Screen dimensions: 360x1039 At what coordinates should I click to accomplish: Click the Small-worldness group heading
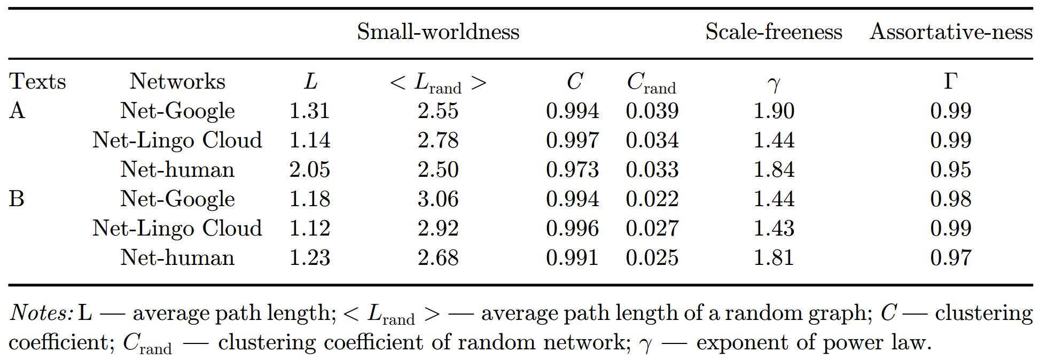[438, 32]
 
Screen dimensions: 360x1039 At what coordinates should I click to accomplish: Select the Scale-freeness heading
[774, 32]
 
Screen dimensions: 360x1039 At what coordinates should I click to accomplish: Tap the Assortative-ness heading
[951, 32]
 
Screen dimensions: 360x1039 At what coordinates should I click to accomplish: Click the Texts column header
[37, 82]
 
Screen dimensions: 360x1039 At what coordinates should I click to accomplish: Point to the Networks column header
[177, 82]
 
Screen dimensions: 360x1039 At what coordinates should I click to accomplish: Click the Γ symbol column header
[950, 82]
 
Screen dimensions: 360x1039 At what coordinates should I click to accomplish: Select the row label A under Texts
[17, 111]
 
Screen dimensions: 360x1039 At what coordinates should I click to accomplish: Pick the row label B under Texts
[17, 199]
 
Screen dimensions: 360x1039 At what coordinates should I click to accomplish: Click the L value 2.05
[310, 170]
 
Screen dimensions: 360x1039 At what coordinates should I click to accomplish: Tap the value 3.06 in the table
[438, 199]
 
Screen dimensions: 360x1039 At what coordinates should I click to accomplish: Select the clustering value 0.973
[572, 170]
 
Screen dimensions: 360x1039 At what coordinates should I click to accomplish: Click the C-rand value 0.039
[652, 111]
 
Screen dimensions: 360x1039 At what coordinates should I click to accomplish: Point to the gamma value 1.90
[774, 111]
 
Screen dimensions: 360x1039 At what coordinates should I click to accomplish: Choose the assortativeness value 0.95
[950, 170]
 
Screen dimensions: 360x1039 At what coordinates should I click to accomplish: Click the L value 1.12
[310, 228]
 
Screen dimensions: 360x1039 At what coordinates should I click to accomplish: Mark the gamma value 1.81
[774, 257]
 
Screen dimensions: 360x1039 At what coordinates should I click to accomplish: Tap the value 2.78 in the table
[438, 140]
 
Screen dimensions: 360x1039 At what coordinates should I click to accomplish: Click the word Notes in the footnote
[41, 313]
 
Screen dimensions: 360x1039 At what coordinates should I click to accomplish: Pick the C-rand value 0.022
[652, 199]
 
